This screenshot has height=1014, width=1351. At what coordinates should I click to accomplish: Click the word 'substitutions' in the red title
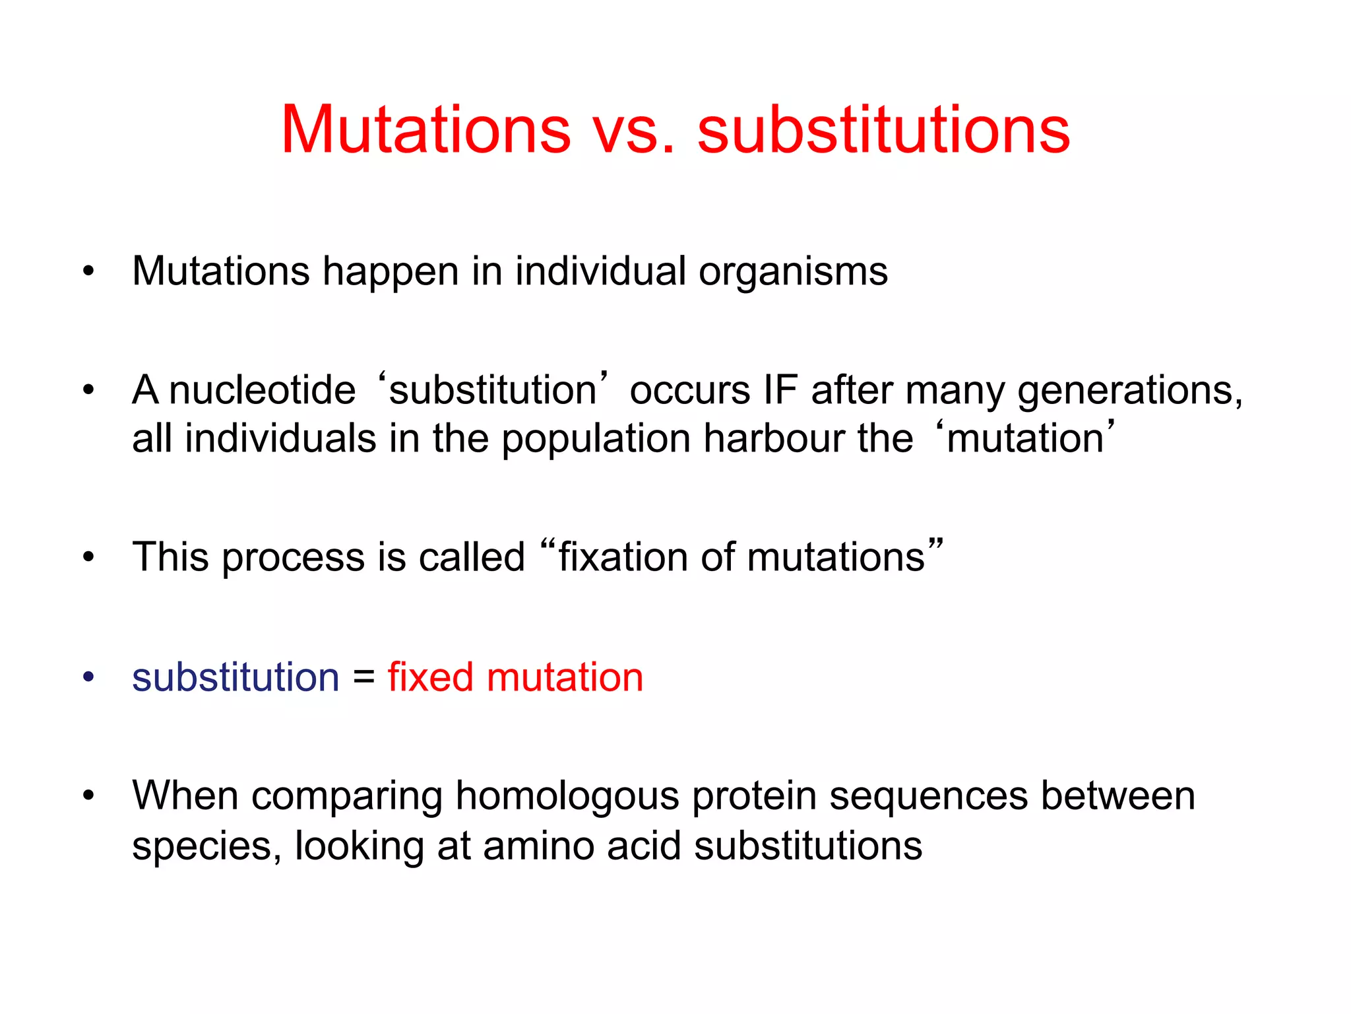pos(883,130)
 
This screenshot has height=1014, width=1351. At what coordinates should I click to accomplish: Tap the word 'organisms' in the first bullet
pos(793,271)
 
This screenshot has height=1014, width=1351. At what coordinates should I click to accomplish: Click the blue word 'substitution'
pos(236,677)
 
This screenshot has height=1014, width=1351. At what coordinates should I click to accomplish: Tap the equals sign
pos(363,677)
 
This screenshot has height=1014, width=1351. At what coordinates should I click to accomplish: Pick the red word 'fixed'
pos(430,677)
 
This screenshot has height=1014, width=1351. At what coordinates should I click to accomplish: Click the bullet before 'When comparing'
pos(88,796)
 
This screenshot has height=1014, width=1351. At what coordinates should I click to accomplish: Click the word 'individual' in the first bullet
pos(600,271)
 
